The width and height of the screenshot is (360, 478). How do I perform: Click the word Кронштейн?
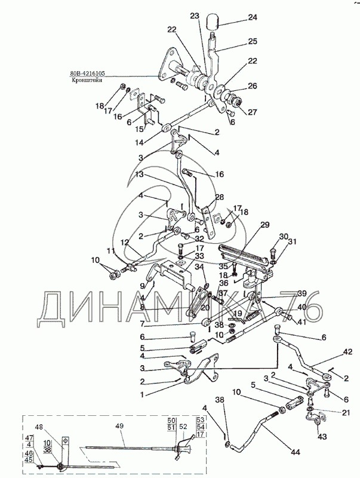88,80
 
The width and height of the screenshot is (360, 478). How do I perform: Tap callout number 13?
139,174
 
